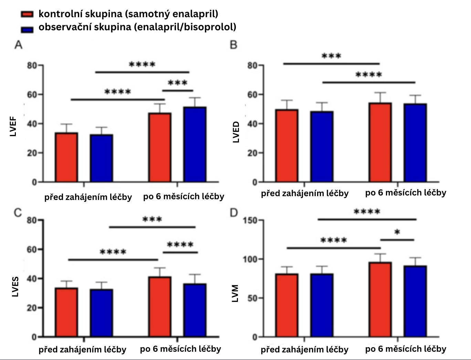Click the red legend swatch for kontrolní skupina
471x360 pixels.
(x=27, y=14)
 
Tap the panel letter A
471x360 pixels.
(x=18, y=45)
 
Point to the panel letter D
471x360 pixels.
(x=234, y=213)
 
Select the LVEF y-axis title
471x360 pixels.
(x=13, y=127)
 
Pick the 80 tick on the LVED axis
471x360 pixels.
(x=253, y=65)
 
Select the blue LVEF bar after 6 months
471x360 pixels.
(x=195, y=145)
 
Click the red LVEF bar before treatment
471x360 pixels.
(x=66, y=157)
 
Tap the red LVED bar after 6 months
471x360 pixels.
(x=380, y=142)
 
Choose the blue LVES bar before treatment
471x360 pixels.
(x=102, y=313)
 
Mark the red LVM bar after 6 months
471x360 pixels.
(x=380, y=299)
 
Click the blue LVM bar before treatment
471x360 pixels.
(x=322, y=305)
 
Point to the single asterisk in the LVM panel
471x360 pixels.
(x=397, y=233)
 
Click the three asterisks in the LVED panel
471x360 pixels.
(x=331, y=56)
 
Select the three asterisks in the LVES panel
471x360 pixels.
(x=152, y=220)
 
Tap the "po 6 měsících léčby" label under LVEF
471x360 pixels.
(x=184, y=197)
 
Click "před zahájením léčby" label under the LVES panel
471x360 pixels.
(x=82, y=350)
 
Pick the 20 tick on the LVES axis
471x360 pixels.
(x=32, y=308)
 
